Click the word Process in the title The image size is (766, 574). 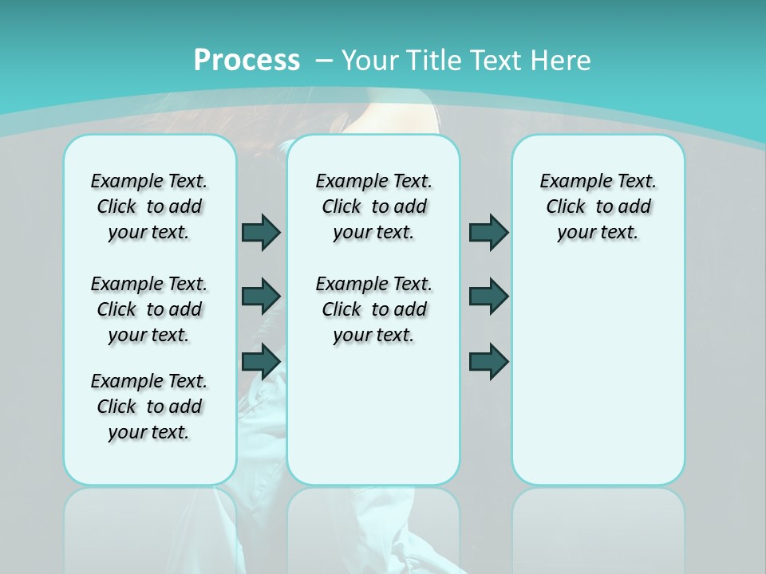point(247,60)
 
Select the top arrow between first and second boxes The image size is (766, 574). point(261,232)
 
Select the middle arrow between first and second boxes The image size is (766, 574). point(261,296)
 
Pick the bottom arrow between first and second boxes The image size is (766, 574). point(261,361)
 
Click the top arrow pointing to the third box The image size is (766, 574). point(488,232)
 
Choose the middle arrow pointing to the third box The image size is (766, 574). point(488,296)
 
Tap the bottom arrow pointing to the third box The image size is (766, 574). point(488,361)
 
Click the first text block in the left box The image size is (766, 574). point(149,206)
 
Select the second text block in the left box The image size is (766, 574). point(149,309)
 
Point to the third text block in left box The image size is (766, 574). point(149,407)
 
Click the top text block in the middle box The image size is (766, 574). point(373,206)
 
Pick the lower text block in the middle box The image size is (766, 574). point(373,309)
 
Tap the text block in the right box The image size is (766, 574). point(598,206)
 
